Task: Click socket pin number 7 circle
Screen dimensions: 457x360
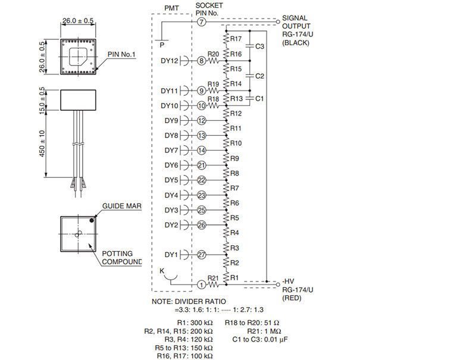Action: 201,22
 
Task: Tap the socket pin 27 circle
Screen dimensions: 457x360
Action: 201,255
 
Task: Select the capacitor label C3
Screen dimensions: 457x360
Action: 259,46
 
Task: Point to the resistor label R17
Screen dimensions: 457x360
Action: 236,39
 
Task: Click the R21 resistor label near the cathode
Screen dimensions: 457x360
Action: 213,278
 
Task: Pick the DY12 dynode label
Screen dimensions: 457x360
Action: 170,61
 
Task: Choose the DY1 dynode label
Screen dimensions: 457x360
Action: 171,255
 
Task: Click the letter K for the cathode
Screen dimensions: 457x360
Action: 162,271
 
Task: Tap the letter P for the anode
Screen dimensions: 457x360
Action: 162,45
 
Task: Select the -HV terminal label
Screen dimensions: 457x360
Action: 288,281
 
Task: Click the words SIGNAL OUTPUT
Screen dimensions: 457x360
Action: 296,22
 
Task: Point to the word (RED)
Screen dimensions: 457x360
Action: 292,298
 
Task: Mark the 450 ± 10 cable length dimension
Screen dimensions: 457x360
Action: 42,143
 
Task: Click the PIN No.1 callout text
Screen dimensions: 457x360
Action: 121,55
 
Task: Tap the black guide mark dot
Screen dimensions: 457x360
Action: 92,221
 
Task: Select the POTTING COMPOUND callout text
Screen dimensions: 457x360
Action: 122,258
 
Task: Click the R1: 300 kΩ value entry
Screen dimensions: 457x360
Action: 195,323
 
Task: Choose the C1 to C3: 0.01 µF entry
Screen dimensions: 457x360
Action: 260,340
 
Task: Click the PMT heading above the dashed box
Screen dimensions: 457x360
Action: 171,8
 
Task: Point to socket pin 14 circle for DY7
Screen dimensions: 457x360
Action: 201,151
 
